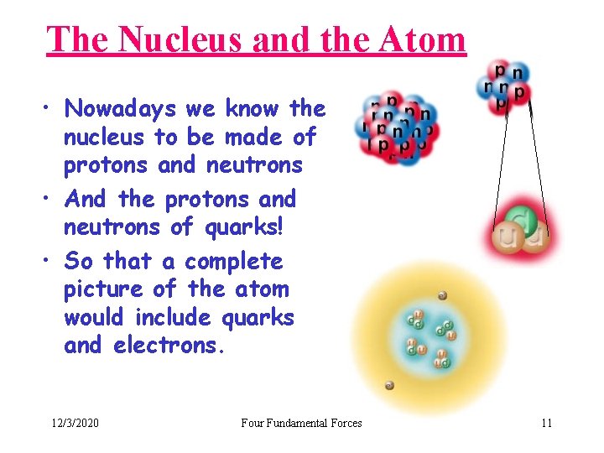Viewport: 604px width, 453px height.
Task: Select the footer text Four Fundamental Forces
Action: [301, 423]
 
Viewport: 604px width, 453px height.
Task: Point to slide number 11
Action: [546, 423]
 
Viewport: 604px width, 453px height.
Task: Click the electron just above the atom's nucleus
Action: [442, 295]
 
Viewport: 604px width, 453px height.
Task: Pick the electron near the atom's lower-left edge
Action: [389, 386]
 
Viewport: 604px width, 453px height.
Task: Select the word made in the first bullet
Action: [244, 136]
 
